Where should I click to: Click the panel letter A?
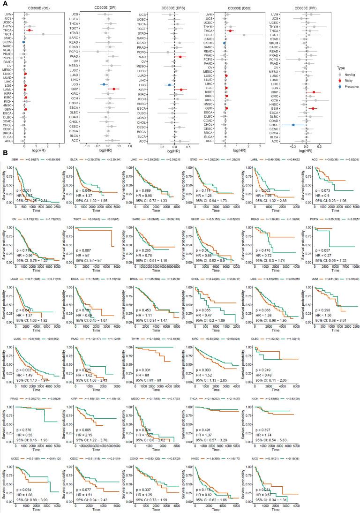click(x=3, y=3)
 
